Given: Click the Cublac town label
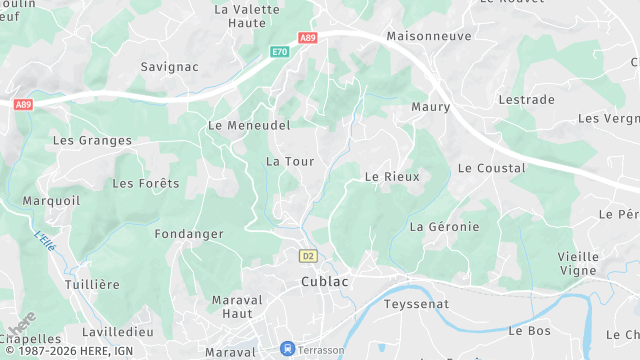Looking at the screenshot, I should [325, 282].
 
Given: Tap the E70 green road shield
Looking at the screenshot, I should [279, 52].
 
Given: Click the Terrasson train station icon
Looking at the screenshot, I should [288, 349].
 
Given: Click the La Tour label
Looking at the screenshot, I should [290, 161].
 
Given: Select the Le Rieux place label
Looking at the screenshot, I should [392, 176].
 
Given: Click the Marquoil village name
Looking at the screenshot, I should [52, 200].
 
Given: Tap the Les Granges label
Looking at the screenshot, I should [92, 141].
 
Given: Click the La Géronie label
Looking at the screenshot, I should [444, 227].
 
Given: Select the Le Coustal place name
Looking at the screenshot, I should [491, 168].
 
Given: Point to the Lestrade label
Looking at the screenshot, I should [526, 100].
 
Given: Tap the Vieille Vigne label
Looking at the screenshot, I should [578, 264].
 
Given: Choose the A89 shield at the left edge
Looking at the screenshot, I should [23, 103].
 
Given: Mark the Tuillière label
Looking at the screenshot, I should [92, 284].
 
